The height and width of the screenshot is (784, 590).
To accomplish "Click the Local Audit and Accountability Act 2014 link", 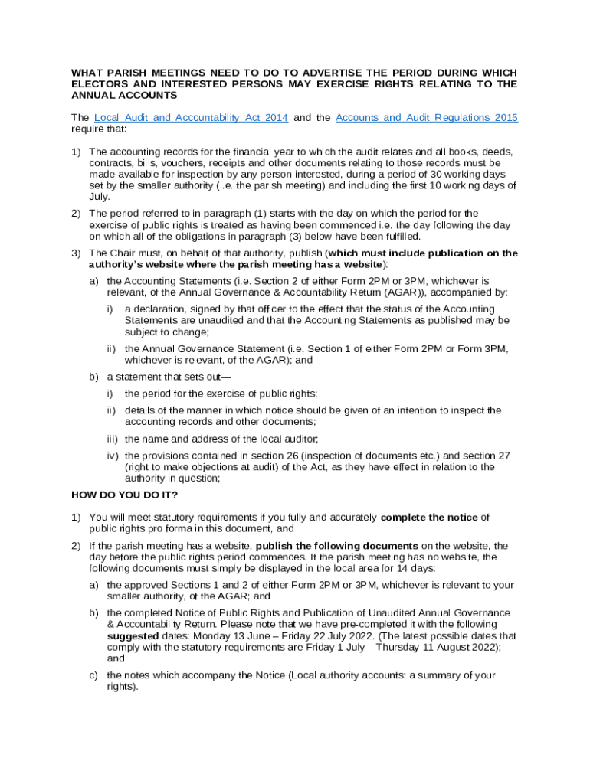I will click(x=191, y=118).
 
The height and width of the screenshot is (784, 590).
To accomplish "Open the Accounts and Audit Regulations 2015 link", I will click(x=427, y=118).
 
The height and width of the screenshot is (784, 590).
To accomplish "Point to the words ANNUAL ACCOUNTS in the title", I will click(x=124, y=96).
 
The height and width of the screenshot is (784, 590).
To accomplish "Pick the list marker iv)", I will click(x=113, y=456).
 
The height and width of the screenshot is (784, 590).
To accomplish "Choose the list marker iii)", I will click(x=113, y=439).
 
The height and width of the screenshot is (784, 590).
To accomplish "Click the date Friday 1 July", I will click(x=336, y=647).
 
